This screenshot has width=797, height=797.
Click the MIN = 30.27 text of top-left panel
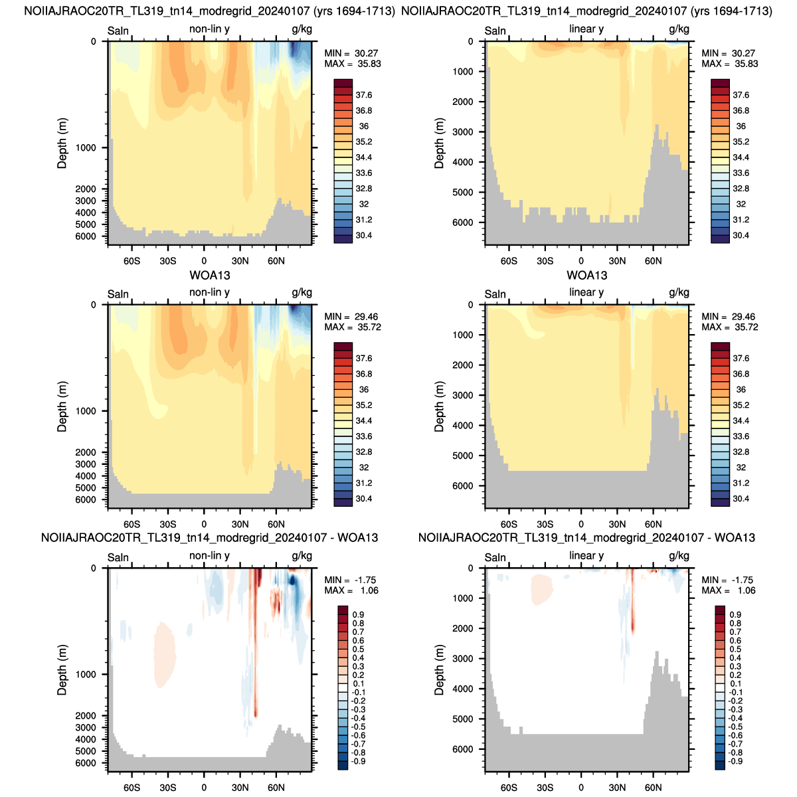[351, 53]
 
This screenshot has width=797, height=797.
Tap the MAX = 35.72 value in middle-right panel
[729, 327]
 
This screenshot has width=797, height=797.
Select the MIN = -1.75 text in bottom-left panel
[350, 580]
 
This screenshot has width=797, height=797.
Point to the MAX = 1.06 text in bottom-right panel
[729, 590]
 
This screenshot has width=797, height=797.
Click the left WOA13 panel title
[210, 275]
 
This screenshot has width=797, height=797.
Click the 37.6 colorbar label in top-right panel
[741, 95]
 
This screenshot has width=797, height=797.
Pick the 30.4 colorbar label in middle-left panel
[363, 499]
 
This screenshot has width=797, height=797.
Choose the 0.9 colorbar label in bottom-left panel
[358, 614]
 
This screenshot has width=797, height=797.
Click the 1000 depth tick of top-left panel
[86, 147]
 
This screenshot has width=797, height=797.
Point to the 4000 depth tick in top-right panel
[462, 162]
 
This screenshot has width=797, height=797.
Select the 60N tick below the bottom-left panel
[276, 788]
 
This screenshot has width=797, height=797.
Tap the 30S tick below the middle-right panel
[545, 525]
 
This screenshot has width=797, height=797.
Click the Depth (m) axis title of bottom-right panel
[439, 669]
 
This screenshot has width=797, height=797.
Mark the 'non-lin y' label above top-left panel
[209, 29]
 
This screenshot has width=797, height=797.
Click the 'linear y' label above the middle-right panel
[586, 292]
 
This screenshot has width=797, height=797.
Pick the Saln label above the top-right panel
[495, 31]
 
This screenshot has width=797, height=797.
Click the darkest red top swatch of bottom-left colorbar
[343, 610]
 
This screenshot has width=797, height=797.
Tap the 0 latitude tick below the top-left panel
[204, 261]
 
